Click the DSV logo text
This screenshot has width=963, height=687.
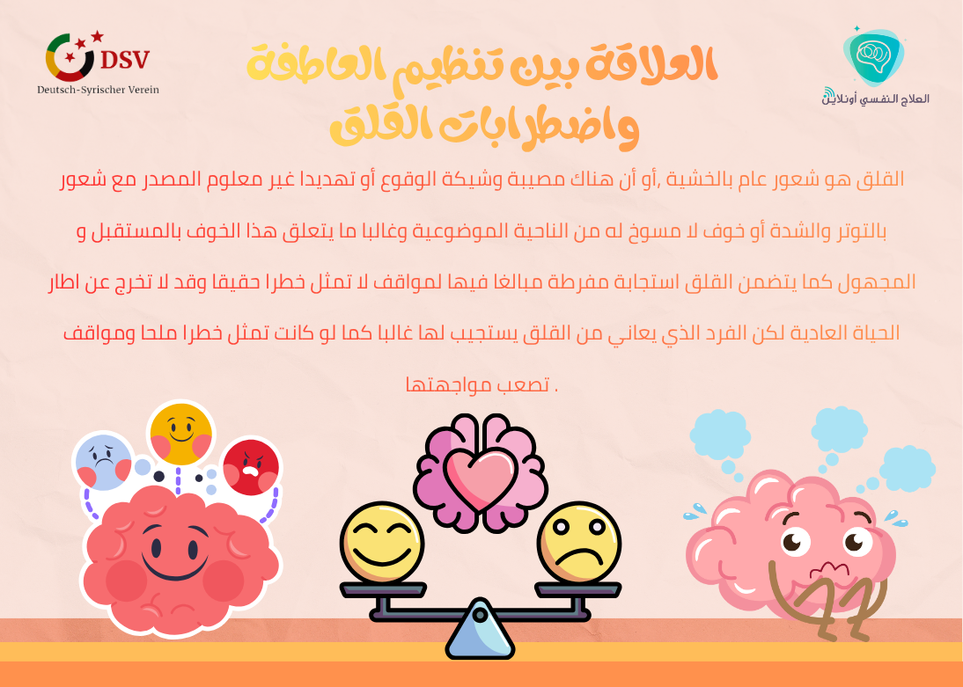click(125, 60)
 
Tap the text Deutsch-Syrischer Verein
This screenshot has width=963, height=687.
click(98, 90)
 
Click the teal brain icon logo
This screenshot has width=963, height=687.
click(874, 55)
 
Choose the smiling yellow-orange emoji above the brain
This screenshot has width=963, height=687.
click(181, 432)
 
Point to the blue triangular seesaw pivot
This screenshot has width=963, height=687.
click(480, 632)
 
